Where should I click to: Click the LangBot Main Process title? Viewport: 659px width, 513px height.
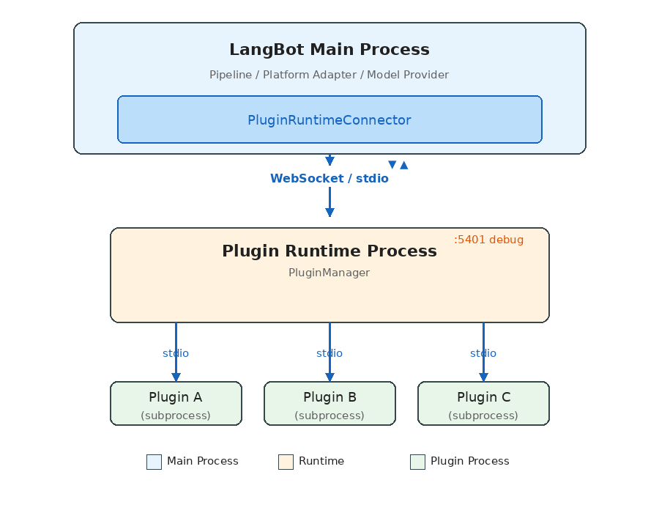tap(329, 50)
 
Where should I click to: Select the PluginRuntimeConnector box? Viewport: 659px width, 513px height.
tap(329, 119)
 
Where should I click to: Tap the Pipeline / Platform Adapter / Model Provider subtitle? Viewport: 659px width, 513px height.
tap(329, 75)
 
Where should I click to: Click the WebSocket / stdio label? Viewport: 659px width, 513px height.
tap(329, 179)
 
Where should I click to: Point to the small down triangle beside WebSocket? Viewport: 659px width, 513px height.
tap(392, 165)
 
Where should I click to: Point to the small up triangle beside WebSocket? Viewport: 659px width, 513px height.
tap(404, 165)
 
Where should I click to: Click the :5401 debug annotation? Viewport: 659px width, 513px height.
tap(488, 240)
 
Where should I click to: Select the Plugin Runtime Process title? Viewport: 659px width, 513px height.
tap(329, 251)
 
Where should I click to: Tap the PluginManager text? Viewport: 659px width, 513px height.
tap(329, 273)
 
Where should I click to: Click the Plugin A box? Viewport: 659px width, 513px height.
tap(176, 403)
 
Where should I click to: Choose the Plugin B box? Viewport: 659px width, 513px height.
tap(329, 403)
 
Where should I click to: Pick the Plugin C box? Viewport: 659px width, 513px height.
tap(483, 403)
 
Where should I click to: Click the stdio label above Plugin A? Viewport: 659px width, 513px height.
tap(176, 353)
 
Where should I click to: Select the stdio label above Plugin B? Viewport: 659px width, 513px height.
tap(329, 353)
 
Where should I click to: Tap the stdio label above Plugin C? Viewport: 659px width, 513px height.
tap(483, 353)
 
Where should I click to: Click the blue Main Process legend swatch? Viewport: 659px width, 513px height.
tap(154, 462)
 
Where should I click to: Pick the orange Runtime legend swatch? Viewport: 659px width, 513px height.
tap(286, 462)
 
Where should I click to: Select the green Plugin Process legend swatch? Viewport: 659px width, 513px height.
tap(417, 462)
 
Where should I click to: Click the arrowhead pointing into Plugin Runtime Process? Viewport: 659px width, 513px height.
tap(329, 213)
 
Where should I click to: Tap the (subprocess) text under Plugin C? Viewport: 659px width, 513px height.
tap(483, 416)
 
